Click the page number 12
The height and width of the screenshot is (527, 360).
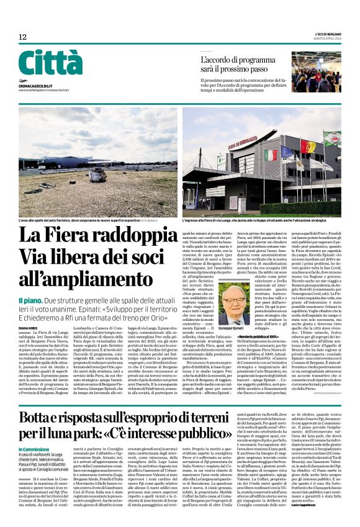(x=22, y=37)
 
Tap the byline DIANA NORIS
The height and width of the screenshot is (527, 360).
(x=29, y=328)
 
